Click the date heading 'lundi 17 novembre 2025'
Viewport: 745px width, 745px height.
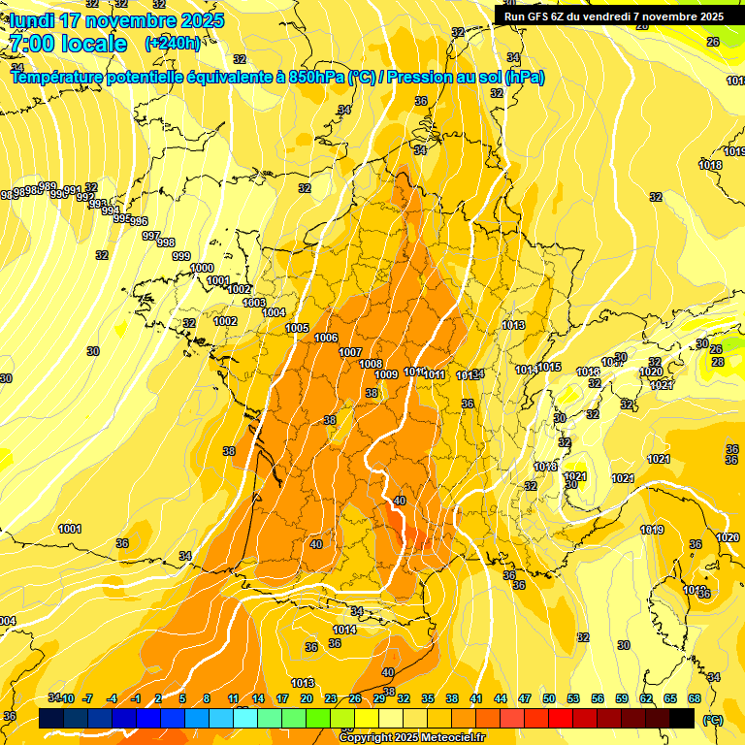116,20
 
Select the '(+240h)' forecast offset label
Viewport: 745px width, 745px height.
173,43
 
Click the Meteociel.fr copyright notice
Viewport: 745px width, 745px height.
411,737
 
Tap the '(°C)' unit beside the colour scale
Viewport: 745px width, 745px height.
712,719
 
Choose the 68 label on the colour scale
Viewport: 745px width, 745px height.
695,698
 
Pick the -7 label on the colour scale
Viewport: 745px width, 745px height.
87,698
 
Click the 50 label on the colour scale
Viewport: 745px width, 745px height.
549,698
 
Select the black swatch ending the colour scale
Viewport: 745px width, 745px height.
682,718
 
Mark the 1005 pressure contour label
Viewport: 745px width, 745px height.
297,328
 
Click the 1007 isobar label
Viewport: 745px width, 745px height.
350,352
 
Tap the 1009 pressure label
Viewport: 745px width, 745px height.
386,374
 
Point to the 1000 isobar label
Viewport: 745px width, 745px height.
202,268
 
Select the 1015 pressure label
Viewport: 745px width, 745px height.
550,367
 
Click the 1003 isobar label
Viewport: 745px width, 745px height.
254,303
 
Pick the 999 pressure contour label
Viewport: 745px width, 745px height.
181,256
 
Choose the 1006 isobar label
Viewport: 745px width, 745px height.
326,338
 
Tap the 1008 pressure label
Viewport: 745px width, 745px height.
371,364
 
